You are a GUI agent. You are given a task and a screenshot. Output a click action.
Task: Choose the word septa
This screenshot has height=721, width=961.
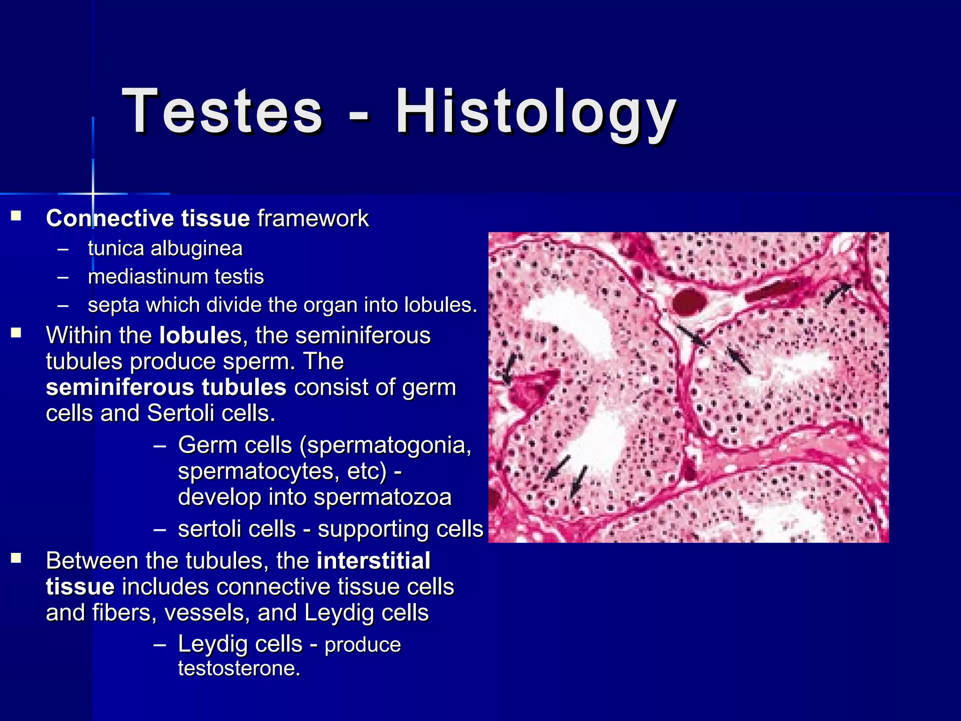pos(113,306)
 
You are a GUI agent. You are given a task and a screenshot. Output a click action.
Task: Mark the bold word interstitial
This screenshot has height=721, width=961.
pos(373,561)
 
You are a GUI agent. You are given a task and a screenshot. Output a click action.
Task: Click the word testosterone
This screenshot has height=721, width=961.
pos(238,668)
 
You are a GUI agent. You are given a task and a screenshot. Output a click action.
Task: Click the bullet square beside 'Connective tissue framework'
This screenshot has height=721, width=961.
pos(17,216)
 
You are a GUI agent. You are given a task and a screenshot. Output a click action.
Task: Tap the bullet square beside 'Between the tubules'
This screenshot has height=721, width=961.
pos(17,558)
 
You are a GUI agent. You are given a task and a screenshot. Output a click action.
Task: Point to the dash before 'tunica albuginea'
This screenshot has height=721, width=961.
pos(63,249)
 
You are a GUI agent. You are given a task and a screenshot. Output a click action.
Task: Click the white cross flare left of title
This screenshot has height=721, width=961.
pos(93,193)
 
